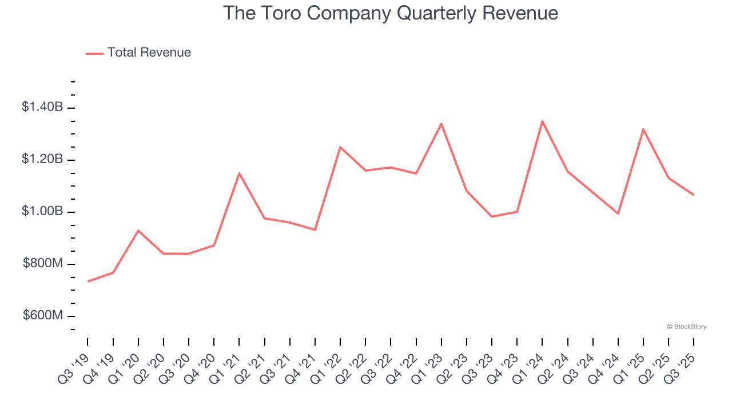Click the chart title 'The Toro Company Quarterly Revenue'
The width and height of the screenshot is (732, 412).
click(x=391, y=13)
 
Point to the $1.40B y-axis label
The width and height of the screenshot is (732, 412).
click(x=43, y=107)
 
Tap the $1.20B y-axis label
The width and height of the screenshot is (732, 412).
click(x=43, y=159)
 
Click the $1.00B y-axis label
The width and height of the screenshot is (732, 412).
click(x=43, y=211)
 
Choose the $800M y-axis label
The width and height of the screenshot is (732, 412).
click(x=43, y=264)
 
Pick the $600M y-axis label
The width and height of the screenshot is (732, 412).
click(x=43, y=316)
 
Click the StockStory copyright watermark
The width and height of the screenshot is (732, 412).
click(x=686, y=327)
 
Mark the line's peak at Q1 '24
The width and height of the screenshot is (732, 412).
click(x=542, y=121)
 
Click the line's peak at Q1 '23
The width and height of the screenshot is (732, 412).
click(x=441, y=124)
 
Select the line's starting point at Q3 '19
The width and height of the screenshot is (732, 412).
click(x=88, y=282)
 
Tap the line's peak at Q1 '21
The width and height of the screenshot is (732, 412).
click(x=239, y=173)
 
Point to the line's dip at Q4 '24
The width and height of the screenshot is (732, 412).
click(x=618, y=213)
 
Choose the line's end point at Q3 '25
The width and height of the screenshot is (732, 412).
click(x=694, y=195)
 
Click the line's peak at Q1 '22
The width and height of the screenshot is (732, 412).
click(x=340, y=147)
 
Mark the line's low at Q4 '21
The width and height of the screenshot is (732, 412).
click(x=315, y=230)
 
